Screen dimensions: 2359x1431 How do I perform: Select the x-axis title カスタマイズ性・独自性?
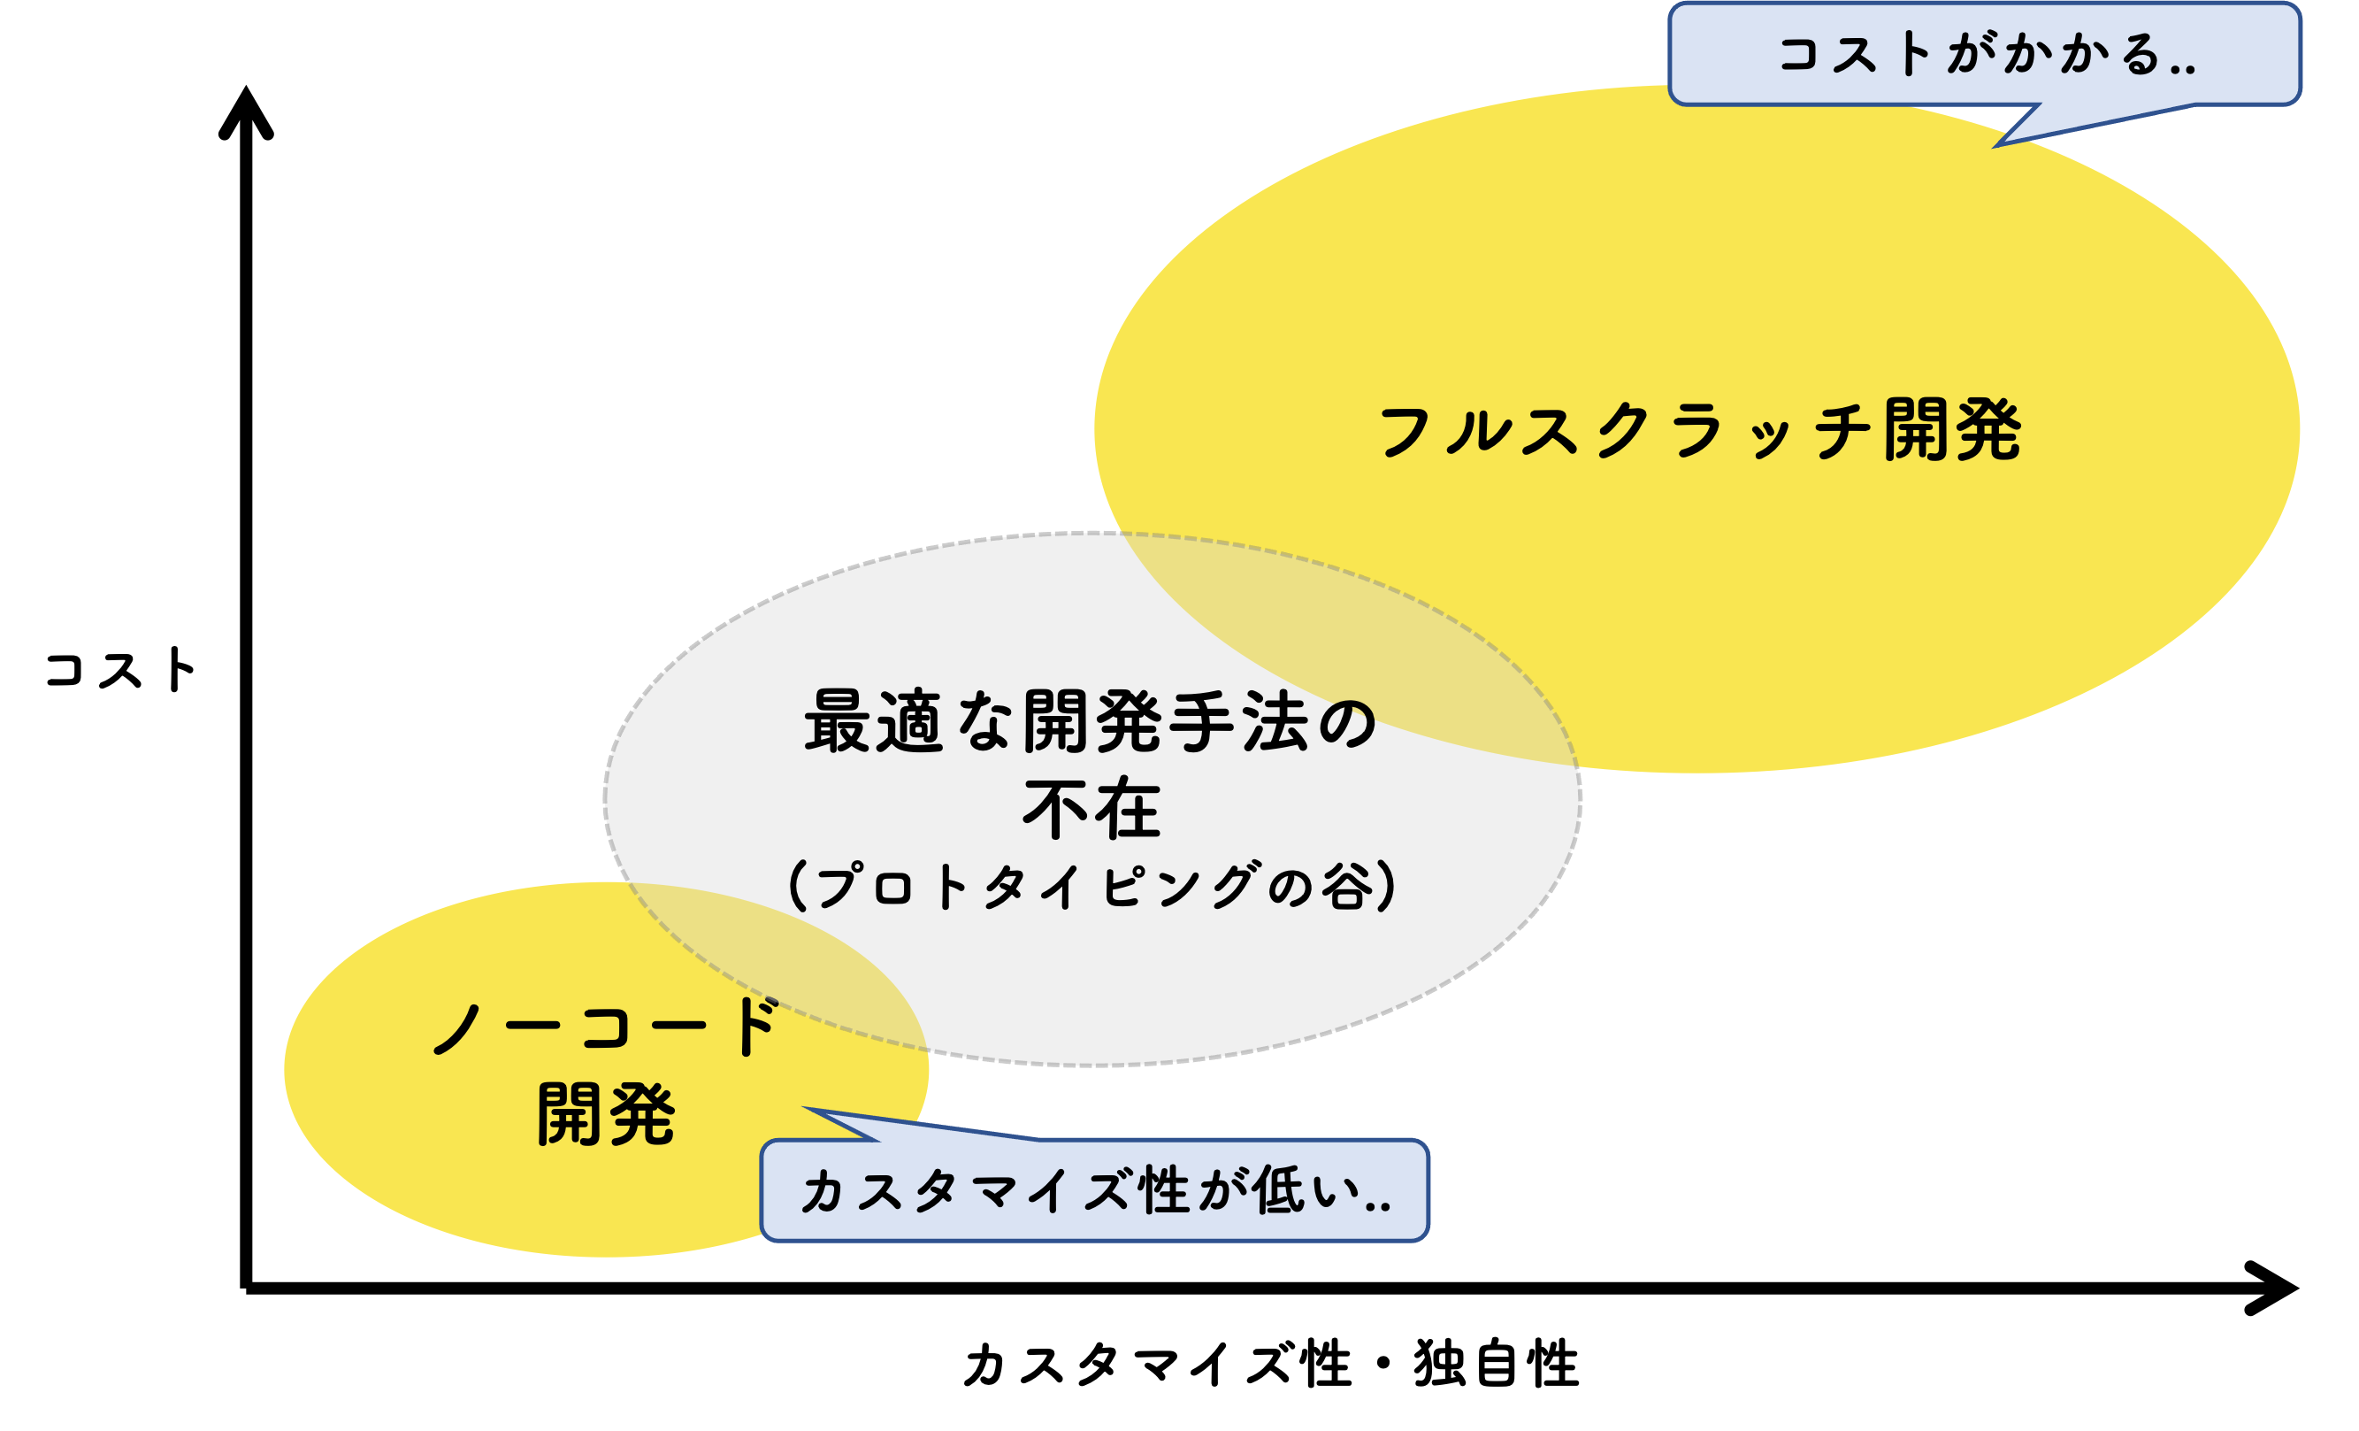pyautogui.click(x=1271, y=1364)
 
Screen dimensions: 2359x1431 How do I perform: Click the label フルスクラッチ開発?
pyautogui.click(x=1699, y=430)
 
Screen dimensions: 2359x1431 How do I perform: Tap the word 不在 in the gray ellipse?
pyautogui.click(x=1091, y=810)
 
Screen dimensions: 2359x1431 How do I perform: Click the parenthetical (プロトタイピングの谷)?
pyautogui.click(x=1091, y=886)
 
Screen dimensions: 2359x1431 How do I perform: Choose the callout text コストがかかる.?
pyautogui.click(x=1986, y=54)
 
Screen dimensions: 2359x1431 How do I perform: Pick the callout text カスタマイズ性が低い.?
pyautogui.click(x=1094, y=1191)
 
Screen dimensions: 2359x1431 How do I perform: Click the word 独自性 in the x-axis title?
pyautogui.click(x=1496, y=1364)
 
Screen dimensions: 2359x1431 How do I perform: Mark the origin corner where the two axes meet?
pyautogui.click(x=246, y=1288)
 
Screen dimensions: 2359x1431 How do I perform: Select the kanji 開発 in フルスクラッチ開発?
pyautogui.click(x=1952, y=430)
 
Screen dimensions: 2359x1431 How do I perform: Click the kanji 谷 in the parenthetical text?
pyautogui.click(x=1347, y=886)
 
